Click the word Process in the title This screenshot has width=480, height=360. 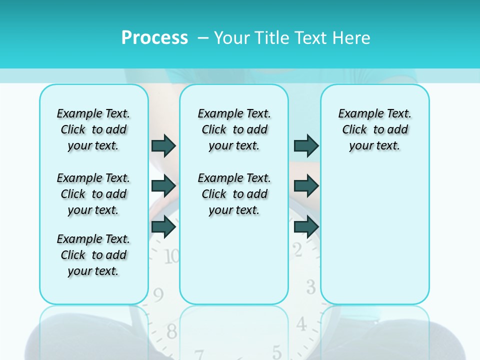(154, 37)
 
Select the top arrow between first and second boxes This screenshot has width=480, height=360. (163, 145)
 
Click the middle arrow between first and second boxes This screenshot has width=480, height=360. (163, 186)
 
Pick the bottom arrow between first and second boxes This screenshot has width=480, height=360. (163, 226)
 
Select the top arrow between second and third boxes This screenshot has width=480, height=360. (306, 145)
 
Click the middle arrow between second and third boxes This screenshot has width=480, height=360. (306, 186)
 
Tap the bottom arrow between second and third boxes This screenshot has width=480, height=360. (306, 226)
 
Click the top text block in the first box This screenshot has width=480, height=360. (93, 129)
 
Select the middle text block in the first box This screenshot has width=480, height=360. (93, 194)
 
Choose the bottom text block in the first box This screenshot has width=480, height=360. (93, 255)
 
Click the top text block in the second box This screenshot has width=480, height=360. (234, 129)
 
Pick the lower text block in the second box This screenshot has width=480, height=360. (234, 194)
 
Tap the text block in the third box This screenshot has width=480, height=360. (375, 129)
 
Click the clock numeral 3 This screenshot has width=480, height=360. (311, 287)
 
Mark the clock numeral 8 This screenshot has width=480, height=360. (171, 330)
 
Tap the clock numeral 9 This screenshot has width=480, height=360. (158, 295)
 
